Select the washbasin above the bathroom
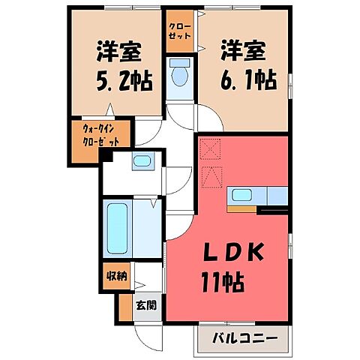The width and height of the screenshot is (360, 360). (141, 160)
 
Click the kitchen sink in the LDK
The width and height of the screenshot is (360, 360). (242, 196)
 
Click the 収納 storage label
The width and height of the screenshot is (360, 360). (115, 275)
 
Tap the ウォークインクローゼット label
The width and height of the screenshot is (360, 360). (101, 136)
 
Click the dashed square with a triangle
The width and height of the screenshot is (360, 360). (211, 176)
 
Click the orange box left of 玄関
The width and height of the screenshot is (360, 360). (124, 306)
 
